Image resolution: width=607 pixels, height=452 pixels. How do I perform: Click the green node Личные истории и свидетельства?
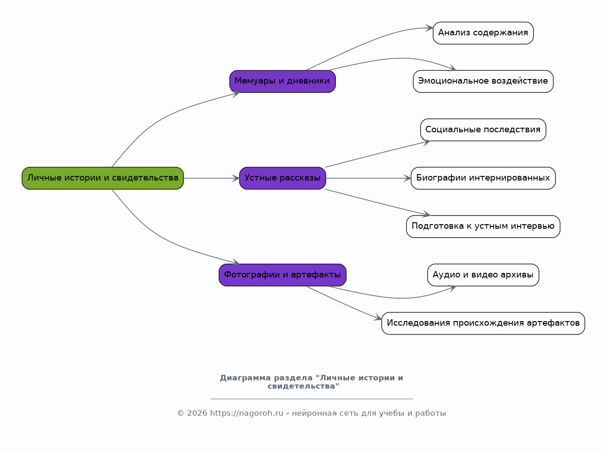click(103, 178)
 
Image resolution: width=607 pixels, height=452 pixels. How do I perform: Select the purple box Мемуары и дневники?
click(283, 81)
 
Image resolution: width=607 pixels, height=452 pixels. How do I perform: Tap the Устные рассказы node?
click(283, 178)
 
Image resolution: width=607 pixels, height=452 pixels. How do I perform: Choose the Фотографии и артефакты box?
click(283, 275)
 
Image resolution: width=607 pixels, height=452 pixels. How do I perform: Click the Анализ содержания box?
click(483, 33)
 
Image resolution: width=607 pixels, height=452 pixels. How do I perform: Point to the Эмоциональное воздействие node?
click(483, 81)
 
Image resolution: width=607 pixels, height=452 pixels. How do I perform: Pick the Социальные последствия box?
click(483, 130)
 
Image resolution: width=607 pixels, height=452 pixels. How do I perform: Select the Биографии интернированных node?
click(483, 178)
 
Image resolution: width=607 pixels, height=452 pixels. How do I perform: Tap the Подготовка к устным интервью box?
click(483, 226)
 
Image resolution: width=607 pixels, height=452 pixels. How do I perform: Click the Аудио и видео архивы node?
click(483, 275)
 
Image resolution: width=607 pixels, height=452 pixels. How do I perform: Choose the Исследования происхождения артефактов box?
click(483, 323)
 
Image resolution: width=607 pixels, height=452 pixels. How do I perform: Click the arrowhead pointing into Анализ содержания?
click(429, 28)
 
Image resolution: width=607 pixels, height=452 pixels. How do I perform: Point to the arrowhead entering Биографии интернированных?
click(407, 178)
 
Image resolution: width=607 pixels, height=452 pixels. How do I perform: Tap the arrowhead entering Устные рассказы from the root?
click(236, 178)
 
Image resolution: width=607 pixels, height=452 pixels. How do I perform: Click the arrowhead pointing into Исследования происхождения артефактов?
click(378, 317)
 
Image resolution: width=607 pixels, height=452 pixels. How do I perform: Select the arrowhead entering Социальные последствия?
click(426, 142)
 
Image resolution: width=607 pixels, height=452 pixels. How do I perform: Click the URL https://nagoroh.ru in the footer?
click(246, 413)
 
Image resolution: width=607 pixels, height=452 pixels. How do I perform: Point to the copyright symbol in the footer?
click(181, 413)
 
